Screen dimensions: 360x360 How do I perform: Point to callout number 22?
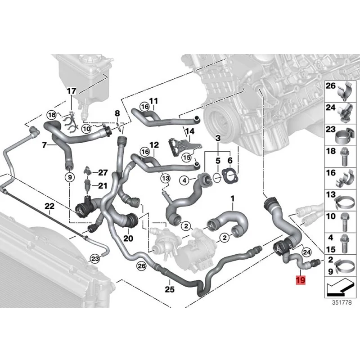point(49,207)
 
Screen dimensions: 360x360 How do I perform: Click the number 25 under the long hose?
point(169,289)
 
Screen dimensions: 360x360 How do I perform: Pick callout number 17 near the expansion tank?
point(72,91)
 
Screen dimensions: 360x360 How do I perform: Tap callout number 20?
point(128,238)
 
